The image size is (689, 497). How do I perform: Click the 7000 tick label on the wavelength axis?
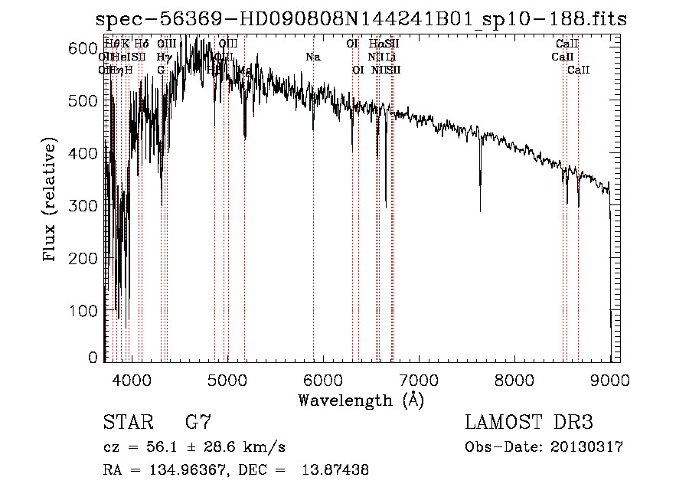tap(419, 380)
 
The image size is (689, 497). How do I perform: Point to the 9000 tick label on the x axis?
tap(610, 380)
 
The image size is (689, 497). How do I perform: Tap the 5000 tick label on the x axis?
tap(227, 380)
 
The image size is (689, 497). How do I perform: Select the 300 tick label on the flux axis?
tap(86, 206)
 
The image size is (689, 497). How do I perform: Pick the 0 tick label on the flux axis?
tap(93, 358)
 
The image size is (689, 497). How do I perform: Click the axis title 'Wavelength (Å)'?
tap(361, 400)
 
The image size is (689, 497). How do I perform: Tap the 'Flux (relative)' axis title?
tap(51, 201)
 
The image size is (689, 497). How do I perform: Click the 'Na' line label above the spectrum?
tap(312, 57)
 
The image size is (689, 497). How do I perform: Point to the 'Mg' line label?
tap(245, 70)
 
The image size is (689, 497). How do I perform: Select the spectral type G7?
tap(198, 422)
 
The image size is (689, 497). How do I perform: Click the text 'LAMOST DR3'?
tap(529, 422)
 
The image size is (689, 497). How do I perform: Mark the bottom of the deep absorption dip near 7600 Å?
tap(480, 210)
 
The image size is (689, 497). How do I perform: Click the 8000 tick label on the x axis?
tap(514, 380)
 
